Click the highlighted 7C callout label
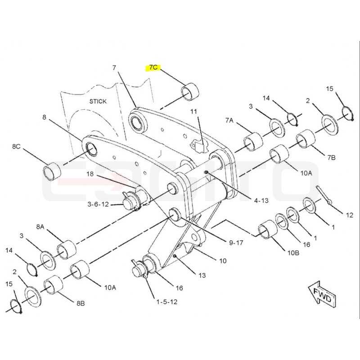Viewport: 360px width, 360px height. tap(153, 67)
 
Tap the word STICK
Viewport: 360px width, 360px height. tap(98, 101)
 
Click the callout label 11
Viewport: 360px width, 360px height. tap(194, 112)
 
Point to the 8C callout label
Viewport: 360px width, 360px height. tap(16, 147)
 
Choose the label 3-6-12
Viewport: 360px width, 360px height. tap(98, 204)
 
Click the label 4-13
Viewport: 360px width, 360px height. tap(261, 201)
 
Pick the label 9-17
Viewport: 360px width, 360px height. tap(236, 243)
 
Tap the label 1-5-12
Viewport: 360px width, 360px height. tap(167, 301)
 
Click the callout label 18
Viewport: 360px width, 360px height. tap(90, 174)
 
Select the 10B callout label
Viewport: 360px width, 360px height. tap(293, 253)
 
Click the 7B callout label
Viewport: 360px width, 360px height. tap(331, 157)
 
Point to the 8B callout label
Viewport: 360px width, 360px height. tap(81, 303)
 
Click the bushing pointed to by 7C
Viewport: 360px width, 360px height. tap(190, 93)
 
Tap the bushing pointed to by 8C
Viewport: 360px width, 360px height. tap(52, 171)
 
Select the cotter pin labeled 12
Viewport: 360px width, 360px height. tap(324, 195)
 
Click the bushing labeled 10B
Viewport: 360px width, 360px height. tap(268, 229)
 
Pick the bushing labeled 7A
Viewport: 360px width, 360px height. tap(253, 142)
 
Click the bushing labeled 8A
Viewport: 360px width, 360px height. tap(67, 250)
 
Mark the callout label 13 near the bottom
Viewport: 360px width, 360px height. tap(202, 275)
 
